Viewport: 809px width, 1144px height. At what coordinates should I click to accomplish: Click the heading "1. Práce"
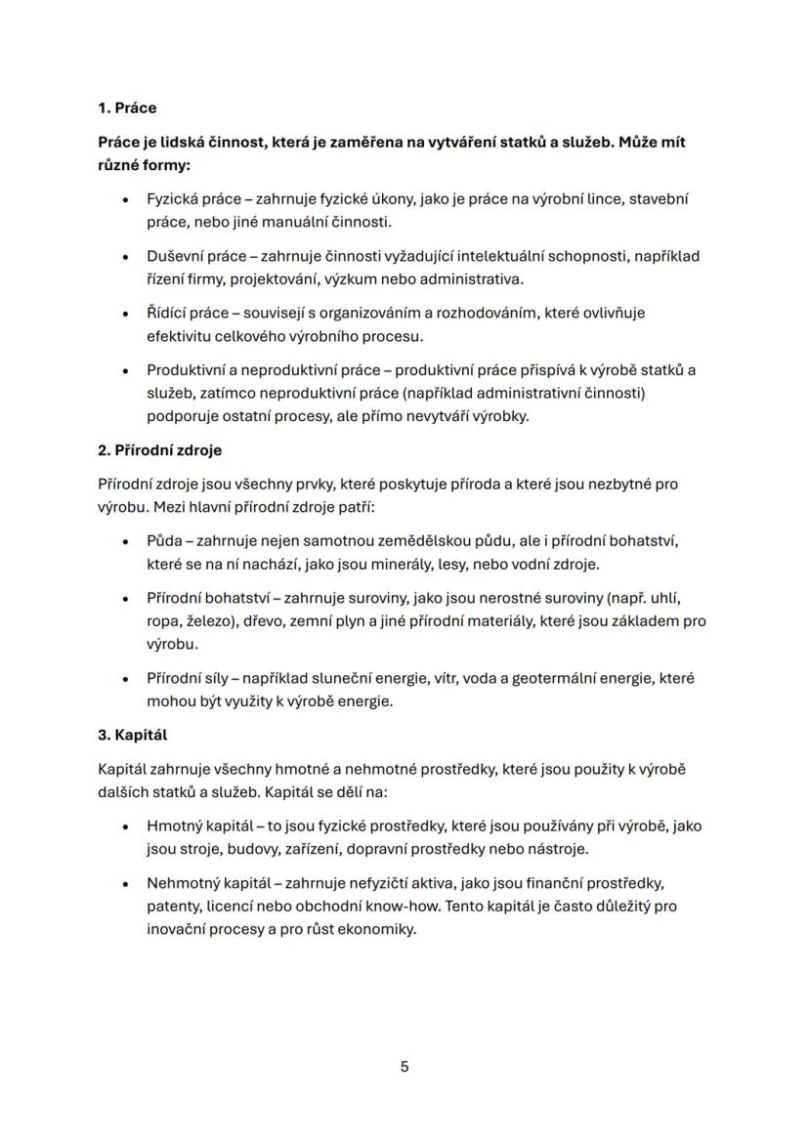click(x=127, y=108)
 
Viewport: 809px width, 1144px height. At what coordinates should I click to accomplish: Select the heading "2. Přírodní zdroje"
click(x=160, y=451)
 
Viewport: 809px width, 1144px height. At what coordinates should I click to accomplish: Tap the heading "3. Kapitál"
click(x=133, y=735)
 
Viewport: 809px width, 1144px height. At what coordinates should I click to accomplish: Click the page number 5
click(x=404, y=1067)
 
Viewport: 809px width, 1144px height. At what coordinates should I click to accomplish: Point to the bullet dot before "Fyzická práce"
click(x=126, y=199)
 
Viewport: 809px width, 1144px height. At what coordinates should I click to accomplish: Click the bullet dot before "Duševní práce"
click(x=126, y=257)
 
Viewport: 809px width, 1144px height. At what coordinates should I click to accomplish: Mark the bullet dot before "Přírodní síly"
click(x=126, y=678)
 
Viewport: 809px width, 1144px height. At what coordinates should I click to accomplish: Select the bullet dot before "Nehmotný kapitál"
click(x=126, y=883)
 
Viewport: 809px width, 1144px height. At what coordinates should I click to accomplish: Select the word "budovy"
click(x=257, y=849)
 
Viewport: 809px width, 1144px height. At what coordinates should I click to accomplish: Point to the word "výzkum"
click(x=353, y=279)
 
